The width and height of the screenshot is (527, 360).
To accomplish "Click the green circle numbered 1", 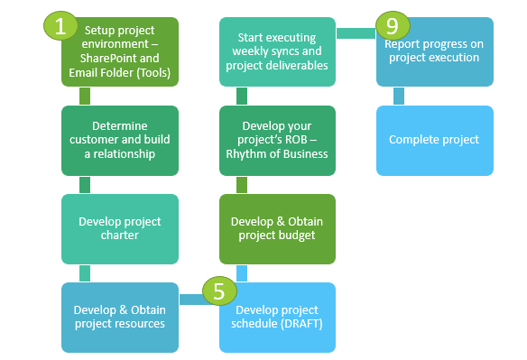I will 60,26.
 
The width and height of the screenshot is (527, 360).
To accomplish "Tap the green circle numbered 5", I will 219,291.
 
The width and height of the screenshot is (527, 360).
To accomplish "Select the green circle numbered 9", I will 393,26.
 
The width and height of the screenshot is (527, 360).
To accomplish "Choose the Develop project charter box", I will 120,228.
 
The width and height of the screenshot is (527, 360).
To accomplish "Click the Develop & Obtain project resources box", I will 120,317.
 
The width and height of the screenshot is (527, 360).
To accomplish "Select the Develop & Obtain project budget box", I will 278,228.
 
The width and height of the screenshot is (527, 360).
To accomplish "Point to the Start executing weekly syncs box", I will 278,52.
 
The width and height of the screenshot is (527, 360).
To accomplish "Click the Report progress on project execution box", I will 436,52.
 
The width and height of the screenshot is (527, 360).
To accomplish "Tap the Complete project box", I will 436,140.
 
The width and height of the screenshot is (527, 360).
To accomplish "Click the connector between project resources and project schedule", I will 191,299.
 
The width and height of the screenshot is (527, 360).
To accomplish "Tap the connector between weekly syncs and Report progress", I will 356,33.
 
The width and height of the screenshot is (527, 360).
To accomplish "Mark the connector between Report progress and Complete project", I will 398,96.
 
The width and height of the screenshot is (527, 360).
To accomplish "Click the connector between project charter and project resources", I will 84,273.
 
